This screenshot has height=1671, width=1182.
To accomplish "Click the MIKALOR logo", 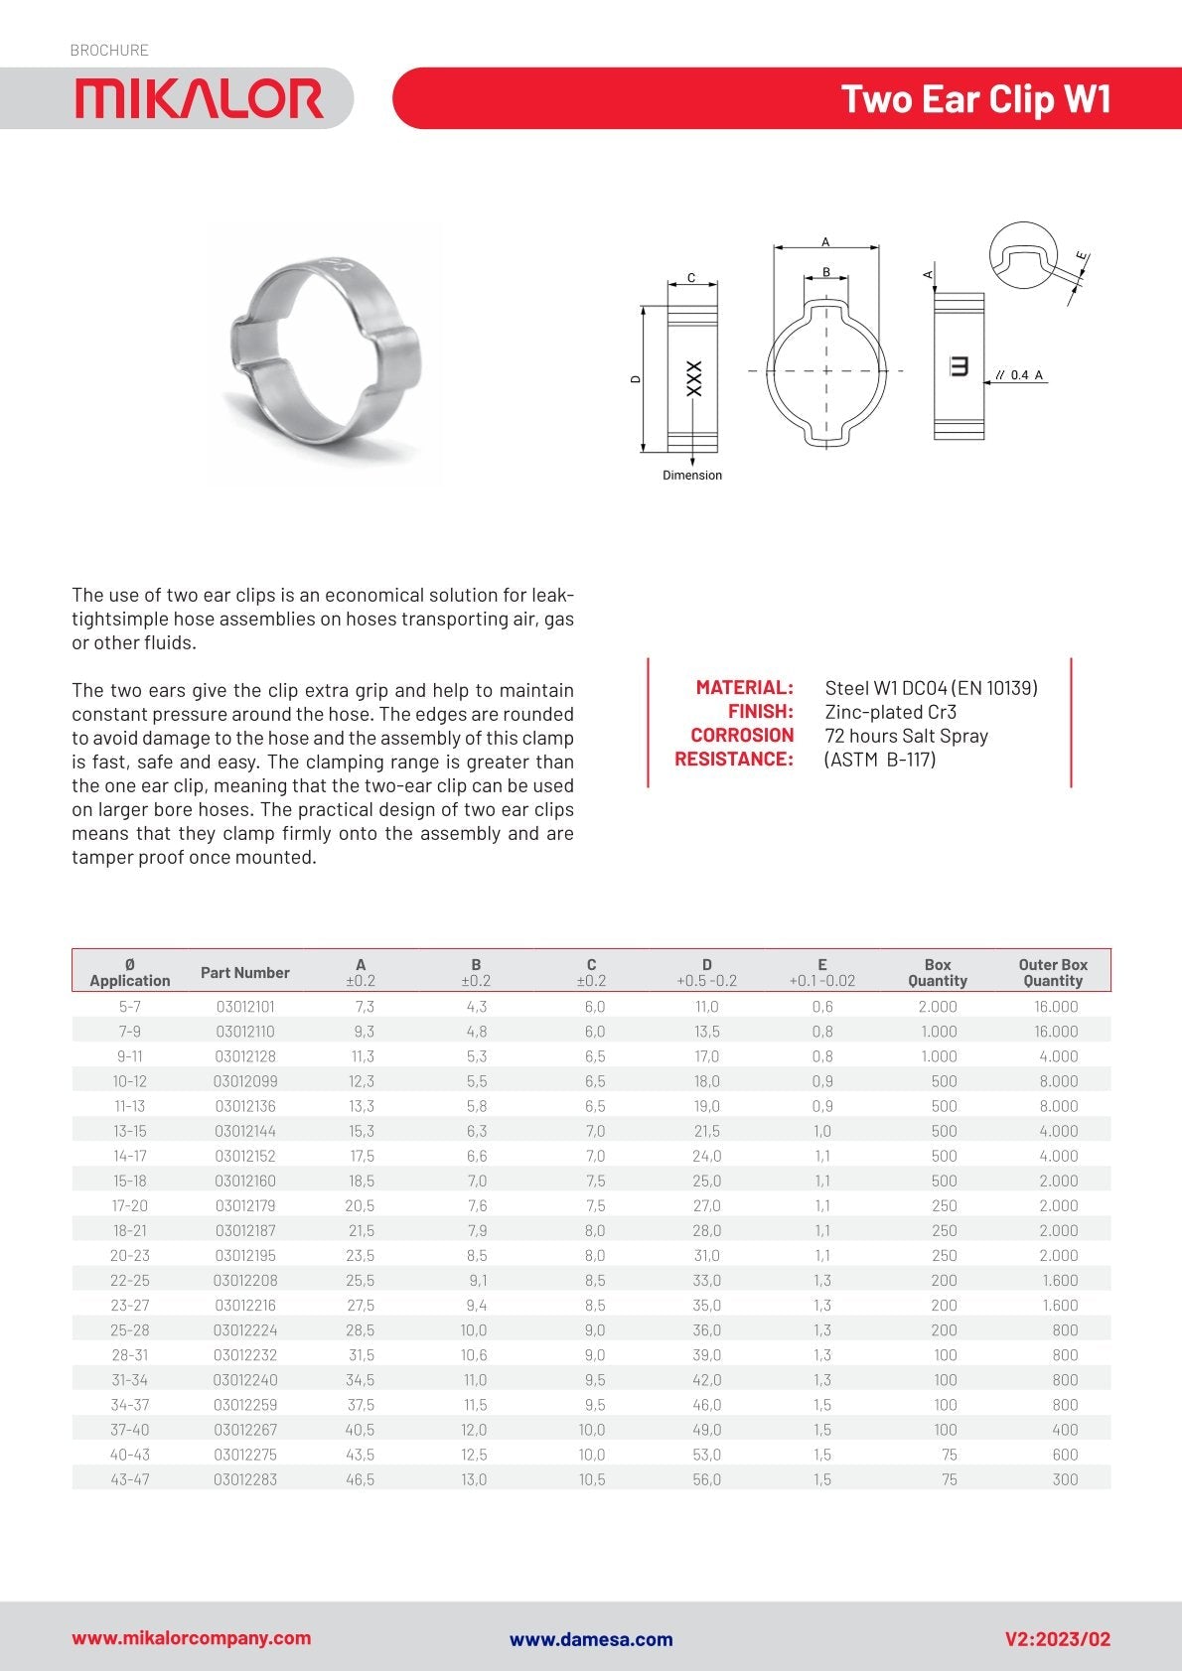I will click(200, 99).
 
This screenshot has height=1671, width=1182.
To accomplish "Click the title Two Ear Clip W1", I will click(975, 99).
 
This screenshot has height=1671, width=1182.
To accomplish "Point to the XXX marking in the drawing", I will click(694, 378).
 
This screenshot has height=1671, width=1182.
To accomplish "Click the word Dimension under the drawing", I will click(692, 476).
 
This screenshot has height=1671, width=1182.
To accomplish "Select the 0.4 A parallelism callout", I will click(1019, 375).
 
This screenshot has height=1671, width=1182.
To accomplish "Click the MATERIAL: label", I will click(744, 687).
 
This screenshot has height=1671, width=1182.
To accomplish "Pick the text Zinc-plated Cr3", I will click(890, 712).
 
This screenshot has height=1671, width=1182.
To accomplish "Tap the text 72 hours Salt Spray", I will click(906, 736).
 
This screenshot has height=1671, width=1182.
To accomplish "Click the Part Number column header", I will click(245, 972).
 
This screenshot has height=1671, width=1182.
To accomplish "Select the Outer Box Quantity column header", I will click(1053, 972).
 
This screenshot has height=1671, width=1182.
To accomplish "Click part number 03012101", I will click(245, 1007).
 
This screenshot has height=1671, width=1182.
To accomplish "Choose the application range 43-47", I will click(130, 1479).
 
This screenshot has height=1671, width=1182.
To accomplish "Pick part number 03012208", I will click(245, 1281).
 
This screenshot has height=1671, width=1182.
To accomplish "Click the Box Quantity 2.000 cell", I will click(938, 1007).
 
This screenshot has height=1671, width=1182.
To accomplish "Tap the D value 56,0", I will click(707, 1479).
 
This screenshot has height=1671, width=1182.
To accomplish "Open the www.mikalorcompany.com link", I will click(192, 1638).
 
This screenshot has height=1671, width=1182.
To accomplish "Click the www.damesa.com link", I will click(591, 1639).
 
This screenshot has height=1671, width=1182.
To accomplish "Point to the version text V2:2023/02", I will click(1058, 1638).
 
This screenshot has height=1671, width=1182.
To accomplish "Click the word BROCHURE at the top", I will click(109, 50).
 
